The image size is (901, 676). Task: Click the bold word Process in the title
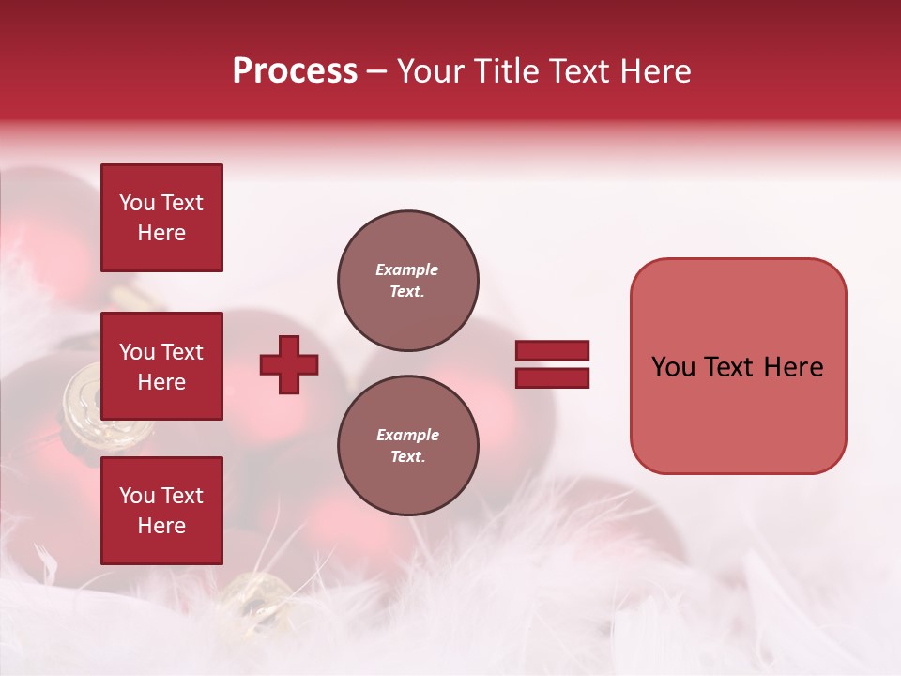(x=295, y=70)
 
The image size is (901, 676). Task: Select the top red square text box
(x=161, y=218)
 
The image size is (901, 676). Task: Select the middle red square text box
(x=161, y=366)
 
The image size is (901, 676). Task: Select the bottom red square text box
(x=161, y=511)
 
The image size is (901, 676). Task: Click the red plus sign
(x=289, y=364)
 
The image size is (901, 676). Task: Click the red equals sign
(x=552, y=364)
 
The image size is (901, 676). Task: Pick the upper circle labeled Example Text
(x=407, y=281)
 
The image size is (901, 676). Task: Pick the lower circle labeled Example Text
(x=407, y=446)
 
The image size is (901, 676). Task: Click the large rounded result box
(x=738, y=366)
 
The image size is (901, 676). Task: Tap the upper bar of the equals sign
(x=552, y=350)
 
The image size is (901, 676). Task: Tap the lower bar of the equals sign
(x=552, y=378)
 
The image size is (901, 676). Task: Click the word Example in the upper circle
(x=407, y=269)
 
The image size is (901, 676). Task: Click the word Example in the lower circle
(x=407, y=435)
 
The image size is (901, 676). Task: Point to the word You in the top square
(x=137, y=203)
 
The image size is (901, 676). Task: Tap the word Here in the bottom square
(x=161, y=526)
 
